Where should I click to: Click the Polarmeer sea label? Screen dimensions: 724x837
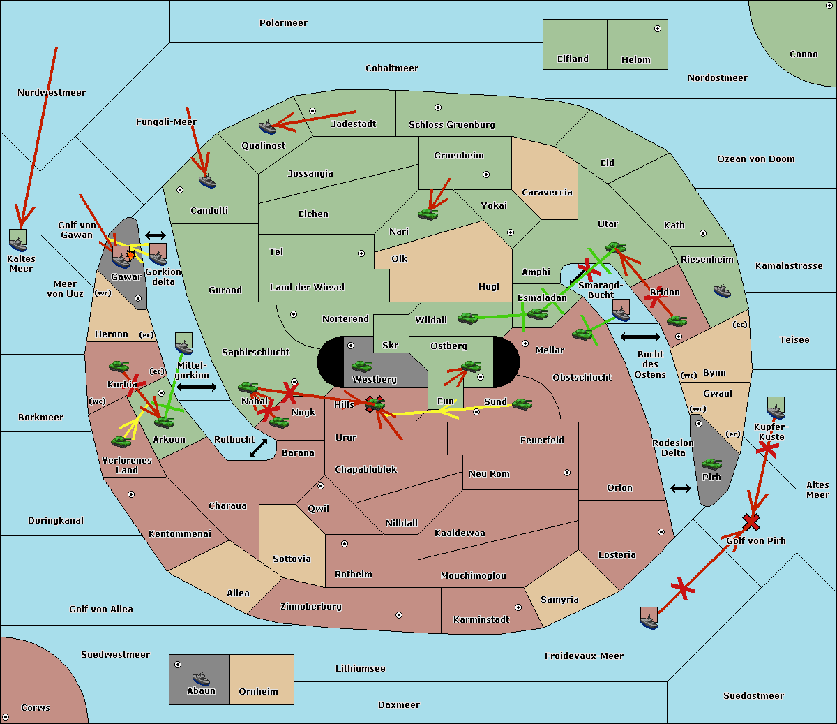[x=283, y=23]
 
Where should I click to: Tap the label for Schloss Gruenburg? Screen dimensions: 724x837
[x=451, y=125]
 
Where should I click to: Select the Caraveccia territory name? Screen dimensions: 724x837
[x=547, y=193]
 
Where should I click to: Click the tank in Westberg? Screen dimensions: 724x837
[x=361, y=367]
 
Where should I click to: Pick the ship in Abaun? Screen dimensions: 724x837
[x=201, y=678]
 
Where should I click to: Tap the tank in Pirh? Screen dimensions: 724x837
[x=711, y=464]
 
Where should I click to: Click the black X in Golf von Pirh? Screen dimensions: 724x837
[x=751, y=522]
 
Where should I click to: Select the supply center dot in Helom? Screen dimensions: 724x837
[x=657, y=29]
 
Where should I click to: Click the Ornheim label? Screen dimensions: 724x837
[x=258, y=692]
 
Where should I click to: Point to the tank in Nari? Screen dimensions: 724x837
[x=428, y=214]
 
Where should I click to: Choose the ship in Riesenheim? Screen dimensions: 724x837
[x=722, y=290]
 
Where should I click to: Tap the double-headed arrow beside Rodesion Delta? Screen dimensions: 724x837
[x=680, y=488]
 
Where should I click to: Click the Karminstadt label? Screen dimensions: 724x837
[x=481, y=620]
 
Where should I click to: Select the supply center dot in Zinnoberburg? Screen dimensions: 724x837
[x=399, y=615]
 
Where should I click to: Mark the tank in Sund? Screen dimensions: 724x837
[x=522, y=404]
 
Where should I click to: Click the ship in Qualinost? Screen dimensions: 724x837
[x=267, y=127]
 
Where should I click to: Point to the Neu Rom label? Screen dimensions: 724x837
[x=489, y=474]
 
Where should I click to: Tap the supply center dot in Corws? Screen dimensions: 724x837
[x=6, y=717]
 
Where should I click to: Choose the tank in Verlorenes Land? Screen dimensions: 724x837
[x=121, y=442]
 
